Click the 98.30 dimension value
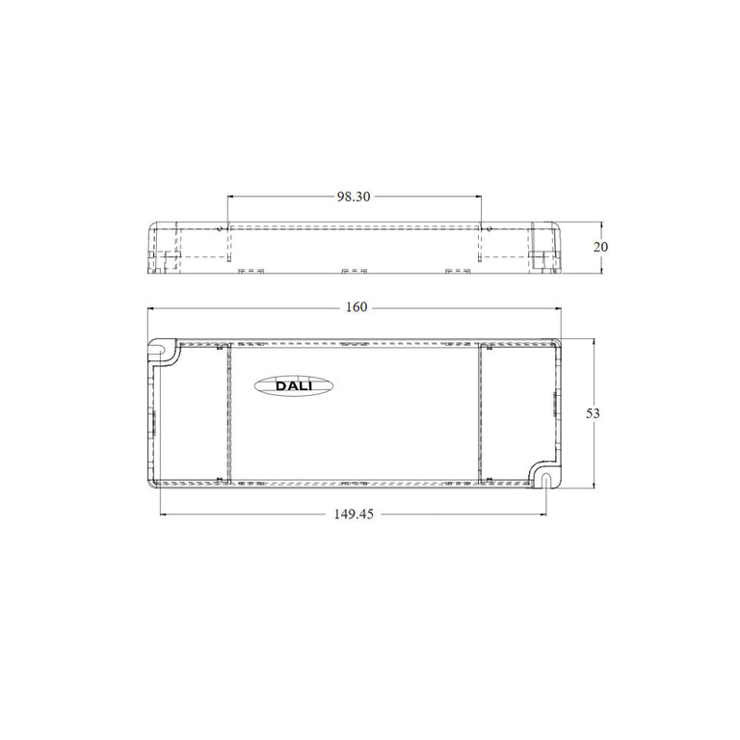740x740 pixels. click(x=354, y=197)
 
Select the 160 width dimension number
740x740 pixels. click(x=357, y=307)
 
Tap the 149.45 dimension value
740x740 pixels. click(x=354, y=514)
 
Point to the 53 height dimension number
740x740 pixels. click(x=593, y=413)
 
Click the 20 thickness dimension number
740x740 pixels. click(x=600, y=247)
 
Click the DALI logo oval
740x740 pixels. click(x=294, y=385)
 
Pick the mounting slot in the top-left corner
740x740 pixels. click(x=159, y=351)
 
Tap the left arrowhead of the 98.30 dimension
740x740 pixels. click(x=230, y=196)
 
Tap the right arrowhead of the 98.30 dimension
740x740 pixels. click(x=479, y=196)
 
